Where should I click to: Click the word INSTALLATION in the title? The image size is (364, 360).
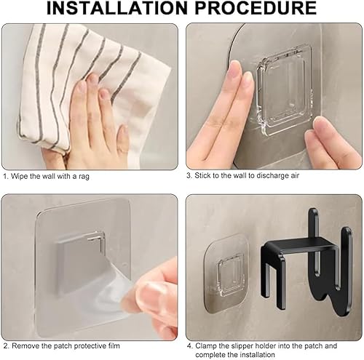tap(116, 8)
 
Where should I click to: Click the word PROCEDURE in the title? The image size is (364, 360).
tap(256, 8)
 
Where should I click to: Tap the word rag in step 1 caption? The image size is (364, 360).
tap(84, 176)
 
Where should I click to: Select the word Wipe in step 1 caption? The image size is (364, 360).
tap(20, 176)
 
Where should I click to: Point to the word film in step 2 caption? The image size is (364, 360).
tap(114, 345)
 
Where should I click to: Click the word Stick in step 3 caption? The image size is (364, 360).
tap(203, 175)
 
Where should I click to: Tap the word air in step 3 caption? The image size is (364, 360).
tap(295, 175)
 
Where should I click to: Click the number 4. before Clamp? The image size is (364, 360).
tap(190, 346)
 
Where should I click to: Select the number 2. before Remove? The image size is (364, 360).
tap(7, 346)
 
